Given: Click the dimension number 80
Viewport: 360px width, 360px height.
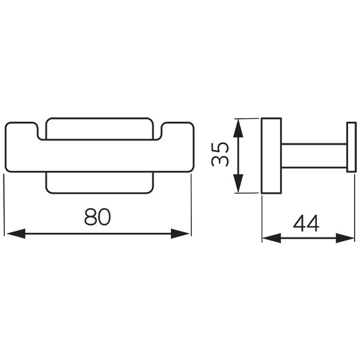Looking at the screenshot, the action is point(98,217).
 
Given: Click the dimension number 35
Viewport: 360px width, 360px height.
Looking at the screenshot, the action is point(220,155).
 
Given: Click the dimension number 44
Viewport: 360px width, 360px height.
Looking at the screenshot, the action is point(306,224).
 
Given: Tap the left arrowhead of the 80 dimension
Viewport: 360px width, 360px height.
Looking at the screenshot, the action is point(16,233).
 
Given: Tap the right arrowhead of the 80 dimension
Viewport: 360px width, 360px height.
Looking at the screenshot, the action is point(180,233).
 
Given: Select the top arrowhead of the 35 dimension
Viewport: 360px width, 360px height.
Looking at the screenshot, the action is point(238,128).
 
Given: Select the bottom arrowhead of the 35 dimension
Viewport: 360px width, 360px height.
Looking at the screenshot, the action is point(238,183).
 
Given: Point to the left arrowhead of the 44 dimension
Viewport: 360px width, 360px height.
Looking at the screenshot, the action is point(272,238).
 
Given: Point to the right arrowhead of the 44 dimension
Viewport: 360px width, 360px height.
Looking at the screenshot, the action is point(345,238).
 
